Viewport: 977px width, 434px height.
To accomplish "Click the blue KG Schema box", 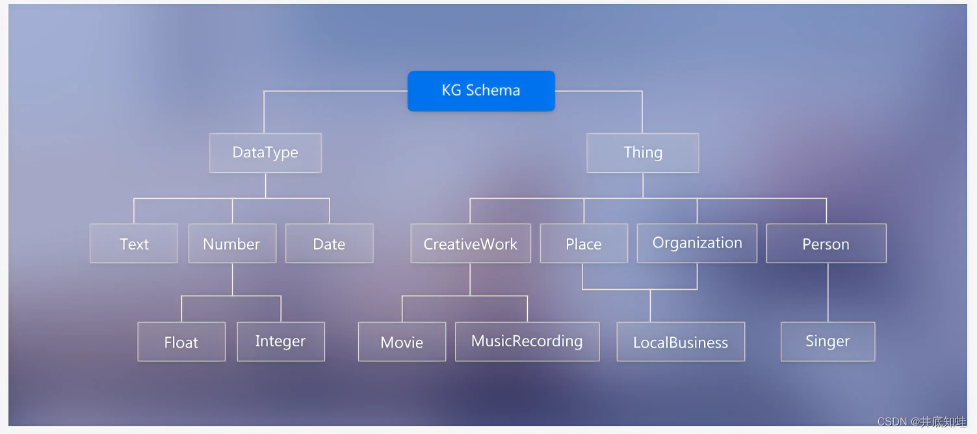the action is click(481, 91).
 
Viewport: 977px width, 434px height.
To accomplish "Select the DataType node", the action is click(265, 153).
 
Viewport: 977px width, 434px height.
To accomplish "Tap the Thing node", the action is click(642, 153).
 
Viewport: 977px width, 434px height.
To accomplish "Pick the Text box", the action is click(134, 243).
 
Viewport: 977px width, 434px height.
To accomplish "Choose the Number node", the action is click(232, 243).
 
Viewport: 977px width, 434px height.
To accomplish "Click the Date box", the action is click(330, 243).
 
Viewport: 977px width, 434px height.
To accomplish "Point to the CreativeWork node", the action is click(471, 243).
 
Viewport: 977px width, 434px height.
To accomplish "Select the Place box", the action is click(584, 243).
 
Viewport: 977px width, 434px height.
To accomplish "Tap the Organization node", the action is click(697, 243).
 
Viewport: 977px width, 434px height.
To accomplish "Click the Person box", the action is click(826, 243).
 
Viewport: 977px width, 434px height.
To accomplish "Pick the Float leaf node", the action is click(181, 342).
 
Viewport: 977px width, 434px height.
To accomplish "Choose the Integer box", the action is click(281, 342).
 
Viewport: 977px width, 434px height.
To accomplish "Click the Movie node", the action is click(402, 342).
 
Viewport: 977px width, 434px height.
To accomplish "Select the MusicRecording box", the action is click(527, 342).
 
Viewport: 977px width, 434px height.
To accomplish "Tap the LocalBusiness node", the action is click(681, 342).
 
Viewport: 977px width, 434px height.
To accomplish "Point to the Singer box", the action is click(828, 342).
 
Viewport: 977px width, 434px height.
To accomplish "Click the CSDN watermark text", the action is click(922, 422).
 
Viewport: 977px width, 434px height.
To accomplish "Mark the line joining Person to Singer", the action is click(828, 292).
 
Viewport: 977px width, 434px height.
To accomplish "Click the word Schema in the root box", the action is click(493, 90).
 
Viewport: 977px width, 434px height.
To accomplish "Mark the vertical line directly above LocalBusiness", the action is click(650, 305).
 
